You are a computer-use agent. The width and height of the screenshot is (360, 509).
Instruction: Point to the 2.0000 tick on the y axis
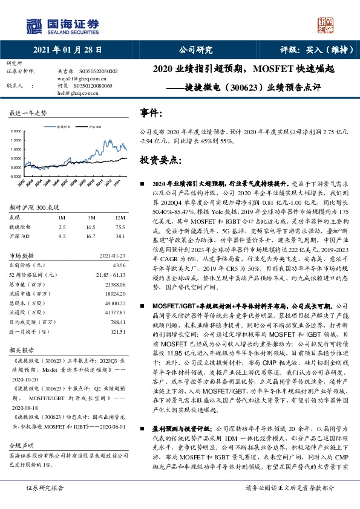pos(15,131)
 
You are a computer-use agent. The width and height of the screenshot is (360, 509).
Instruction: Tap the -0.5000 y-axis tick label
pos(15,176)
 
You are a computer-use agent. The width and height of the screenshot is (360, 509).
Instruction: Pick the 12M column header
pos(119,217)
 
